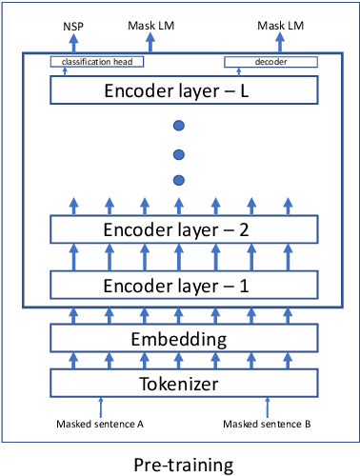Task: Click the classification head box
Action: [x=97, y=62]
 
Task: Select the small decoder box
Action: [x=269, y=62]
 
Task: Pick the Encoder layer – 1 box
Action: [x=181, y=285]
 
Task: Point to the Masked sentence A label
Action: [x=98, y=425]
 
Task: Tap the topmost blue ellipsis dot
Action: [x=178, y=126]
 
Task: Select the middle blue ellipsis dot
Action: [x=178, y=153]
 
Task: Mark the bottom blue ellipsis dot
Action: [x=178, y=180]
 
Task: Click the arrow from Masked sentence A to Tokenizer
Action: [x=99, y=407]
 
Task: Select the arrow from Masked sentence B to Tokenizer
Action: [x=266, y=407]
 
